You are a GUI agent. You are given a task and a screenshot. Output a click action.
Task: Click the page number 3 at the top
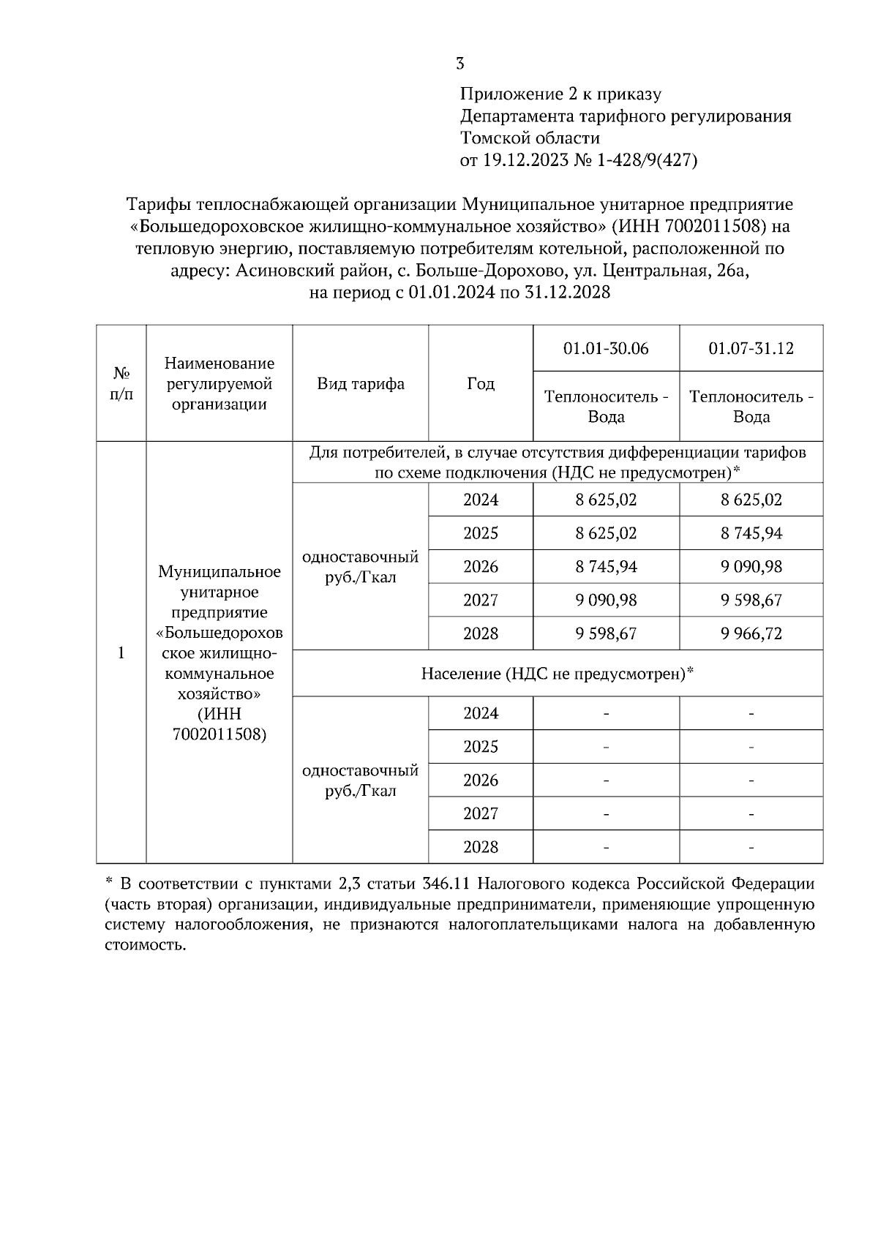[x=459, y=64]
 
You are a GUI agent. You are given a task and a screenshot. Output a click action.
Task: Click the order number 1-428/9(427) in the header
[x=647, y=160]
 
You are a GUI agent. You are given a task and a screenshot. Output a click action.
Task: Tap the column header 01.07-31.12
[x=751, y=348]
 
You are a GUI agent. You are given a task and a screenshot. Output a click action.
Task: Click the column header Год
[x=480, y=383]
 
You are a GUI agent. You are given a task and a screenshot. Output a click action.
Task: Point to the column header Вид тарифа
[x=360, y=383]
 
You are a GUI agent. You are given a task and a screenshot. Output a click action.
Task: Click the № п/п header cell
[x=121, y=383]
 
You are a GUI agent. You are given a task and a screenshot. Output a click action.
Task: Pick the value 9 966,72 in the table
[x=751, y=633]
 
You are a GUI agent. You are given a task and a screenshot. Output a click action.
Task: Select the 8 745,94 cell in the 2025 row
[x=751, y=533]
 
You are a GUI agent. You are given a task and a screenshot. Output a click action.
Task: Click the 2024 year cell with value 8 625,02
[x=480, y=500]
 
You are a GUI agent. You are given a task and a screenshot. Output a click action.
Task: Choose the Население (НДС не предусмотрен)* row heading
[x=557, y=673]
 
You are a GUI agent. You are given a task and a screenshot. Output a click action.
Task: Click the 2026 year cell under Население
[x=480, y=780]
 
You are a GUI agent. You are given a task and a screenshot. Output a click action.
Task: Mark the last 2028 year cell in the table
[x=480, y=847]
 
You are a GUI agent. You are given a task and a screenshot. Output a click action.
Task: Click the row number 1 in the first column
[x=121, y=652]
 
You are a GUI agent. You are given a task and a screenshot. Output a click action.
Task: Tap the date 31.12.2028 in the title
[x=567, y=293]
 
